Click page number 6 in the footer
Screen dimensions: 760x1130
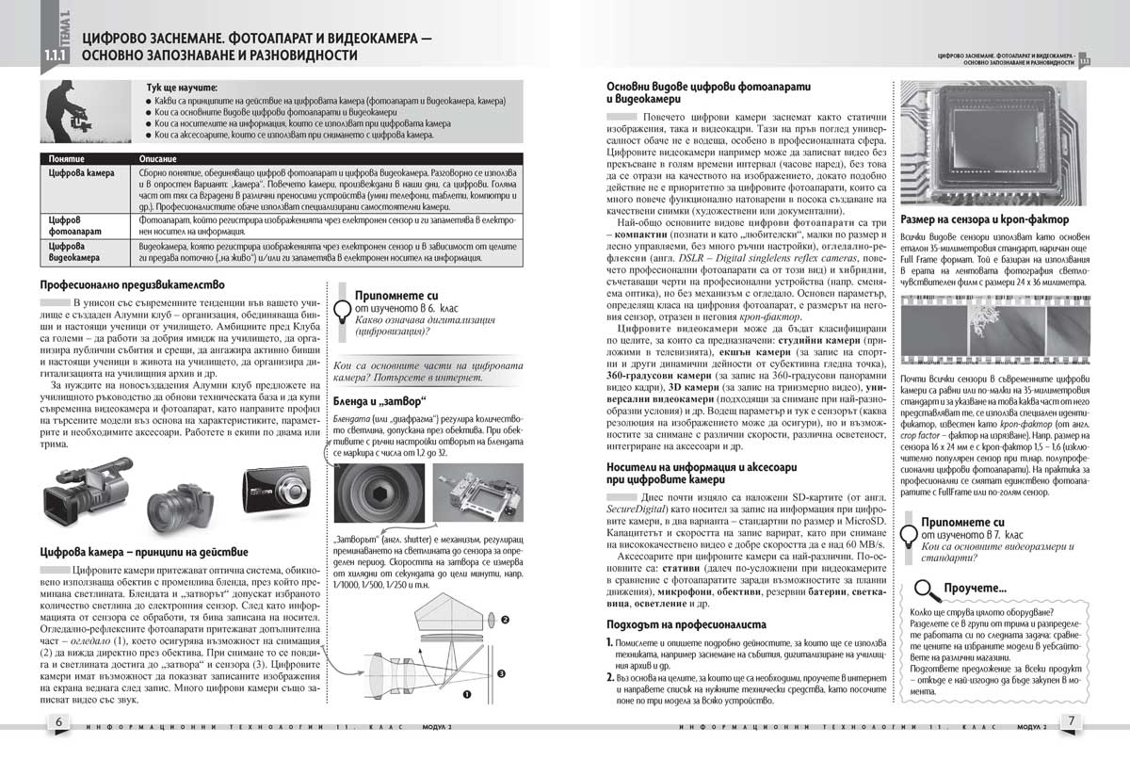[59, 721]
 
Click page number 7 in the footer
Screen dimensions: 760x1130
[1071, 721]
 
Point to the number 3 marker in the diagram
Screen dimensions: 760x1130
[502, 673]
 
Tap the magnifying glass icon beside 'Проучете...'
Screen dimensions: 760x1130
[928, 590]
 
